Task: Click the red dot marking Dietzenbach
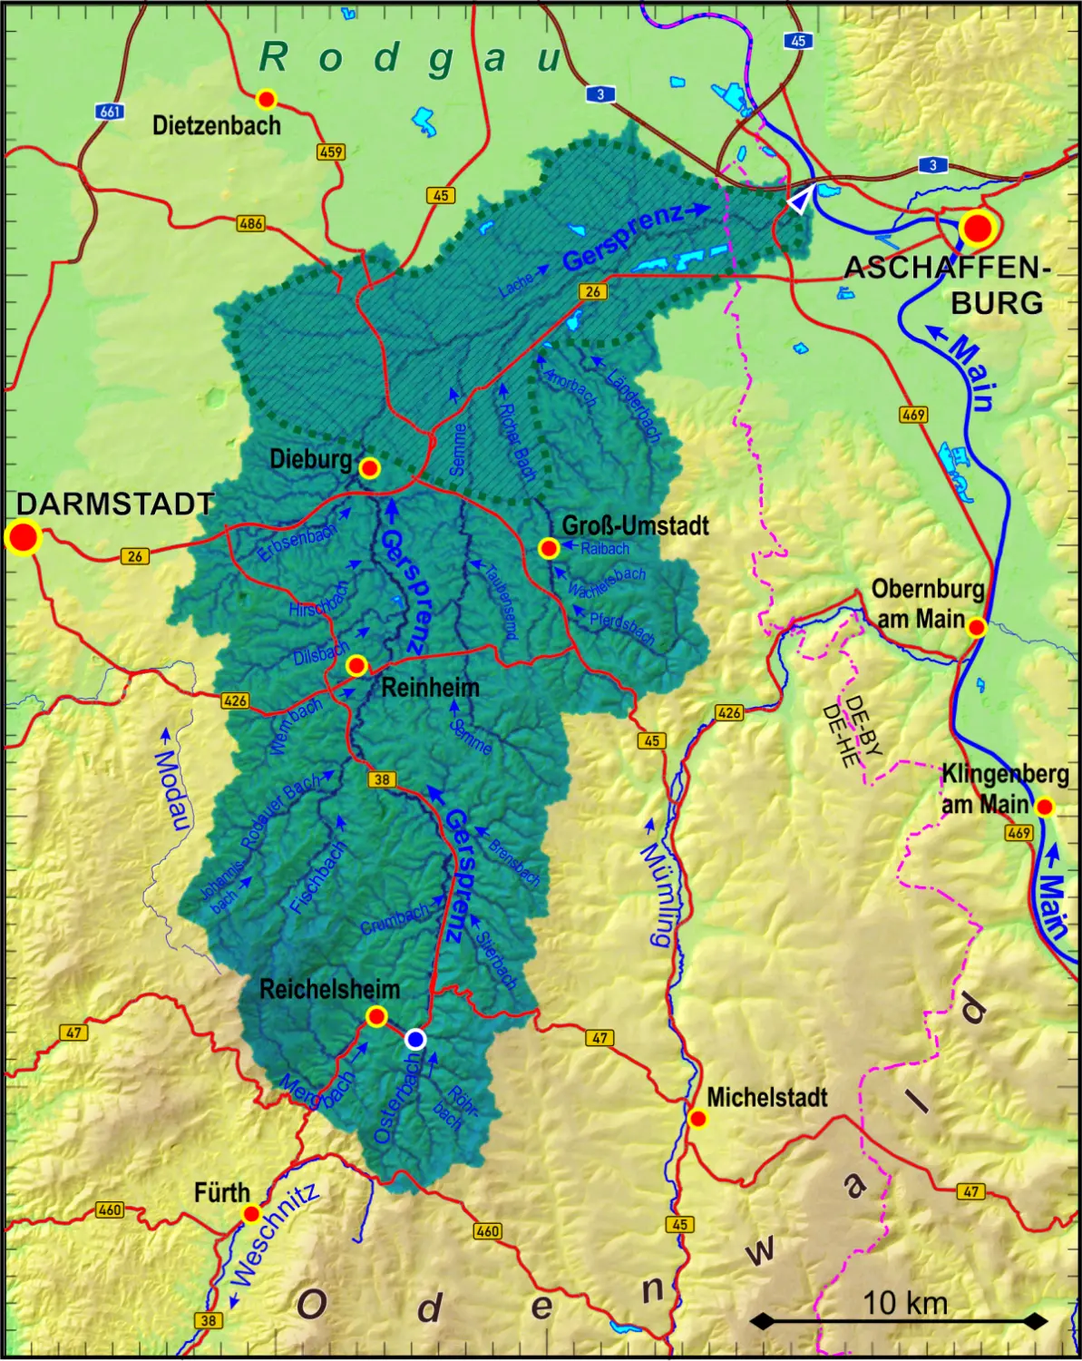pyautogui.click(x=266, y=99)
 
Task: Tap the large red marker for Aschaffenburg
pyautogui.click(x=978, y=228)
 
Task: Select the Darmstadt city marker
pyautogui.click(x=24, y=537)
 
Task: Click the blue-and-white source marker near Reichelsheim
pyautogui.click(x=415, y=1040)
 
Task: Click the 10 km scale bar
pyautogui.click(x=898, y=1320)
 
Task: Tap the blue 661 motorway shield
pyautogui.click(x=110, y=112)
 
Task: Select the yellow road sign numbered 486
pyautogui.click(x=251, y=223)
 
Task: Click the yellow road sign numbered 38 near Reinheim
pyautogui.click(x=382, y=778)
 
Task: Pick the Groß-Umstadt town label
pyautogui.click(x=635, y=525)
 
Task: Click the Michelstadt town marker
pyautogui.click(x=697, y=1119)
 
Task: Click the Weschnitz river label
pyautogui.click(x=275, y=1234)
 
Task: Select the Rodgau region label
pyautogui.click(x=413, y=58)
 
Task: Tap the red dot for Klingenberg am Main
pyautogui.click(x=1045, y=807)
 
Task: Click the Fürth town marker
pyautogui.click(x=252, y=1214)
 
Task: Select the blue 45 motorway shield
pyautogui.click(x=797, y=41)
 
